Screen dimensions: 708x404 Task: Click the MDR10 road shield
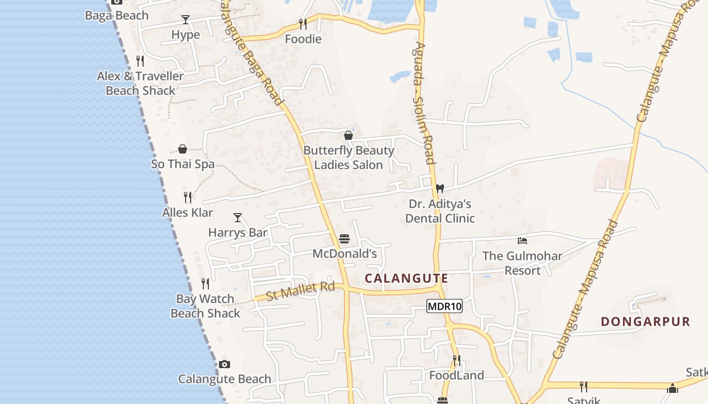tap(445, 306)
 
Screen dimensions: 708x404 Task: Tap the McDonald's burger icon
tap(344, 238)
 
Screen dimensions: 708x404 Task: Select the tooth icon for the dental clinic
tap(439, 188)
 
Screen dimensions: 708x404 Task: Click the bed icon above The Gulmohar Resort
tap(522, 240)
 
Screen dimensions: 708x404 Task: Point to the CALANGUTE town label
tap(407, 278)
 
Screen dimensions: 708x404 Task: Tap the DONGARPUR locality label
tap(645, 322)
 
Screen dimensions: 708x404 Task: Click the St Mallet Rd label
tap(300, 291)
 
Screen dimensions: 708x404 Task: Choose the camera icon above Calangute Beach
tap(225, 364)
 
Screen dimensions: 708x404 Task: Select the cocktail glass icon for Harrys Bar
tap(238, 218)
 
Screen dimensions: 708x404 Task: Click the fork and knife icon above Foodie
tap(303, 24)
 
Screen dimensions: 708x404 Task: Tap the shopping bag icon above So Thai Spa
tap(183, 149)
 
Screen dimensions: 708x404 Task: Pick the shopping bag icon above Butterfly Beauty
tap(348, 135)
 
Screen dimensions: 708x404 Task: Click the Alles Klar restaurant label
tap(188, 213)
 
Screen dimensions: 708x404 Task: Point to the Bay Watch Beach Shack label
tap(205, 306)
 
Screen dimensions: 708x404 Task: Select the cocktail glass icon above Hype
tap(186, 20)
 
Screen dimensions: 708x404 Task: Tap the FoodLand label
tap(457, 375)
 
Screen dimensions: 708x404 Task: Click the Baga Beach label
tap(117, 16)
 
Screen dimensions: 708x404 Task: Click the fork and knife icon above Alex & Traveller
tap(140, 61)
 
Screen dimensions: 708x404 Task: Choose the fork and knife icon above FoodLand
tap(456, 360)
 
